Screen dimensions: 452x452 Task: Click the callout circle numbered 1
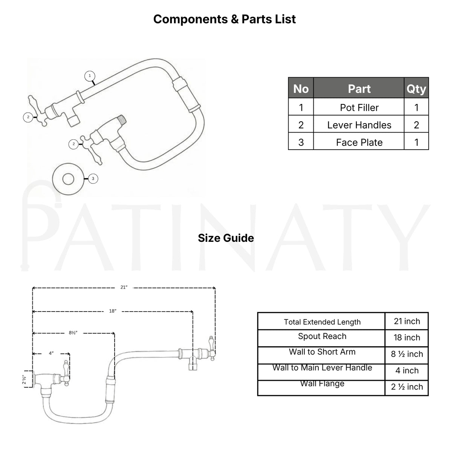click(x=90, y=76)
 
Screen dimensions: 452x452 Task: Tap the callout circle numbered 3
click(x=93, y=179)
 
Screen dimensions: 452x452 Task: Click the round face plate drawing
click(x=68, y=179)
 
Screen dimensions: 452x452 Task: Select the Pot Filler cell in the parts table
click(x=359, y=107)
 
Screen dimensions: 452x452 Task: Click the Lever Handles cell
click(x=359, y=125)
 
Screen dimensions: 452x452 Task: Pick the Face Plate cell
click(x=359, y=142)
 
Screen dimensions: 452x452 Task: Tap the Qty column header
click(x=416, y=89)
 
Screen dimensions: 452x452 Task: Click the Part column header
click(x=359, y=89)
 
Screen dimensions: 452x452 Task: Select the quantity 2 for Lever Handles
click(x=416, y=125)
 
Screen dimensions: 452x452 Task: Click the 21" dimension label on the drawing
click(x=124, y=287)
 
